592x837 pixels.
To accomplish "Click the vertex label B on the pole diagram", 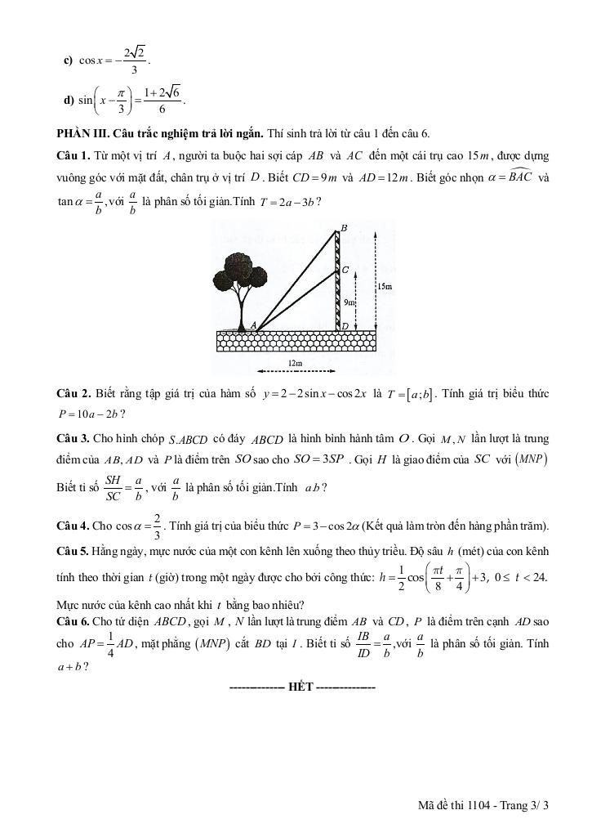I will click(x=344, y=228).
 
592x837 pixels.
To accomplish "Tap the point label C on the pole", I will click(x=345, y=269).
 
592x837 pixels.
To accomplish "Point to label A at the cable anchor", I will click(x=254, y=325).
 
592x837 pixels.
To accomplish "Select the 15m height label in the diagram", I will click(x=385, y=287).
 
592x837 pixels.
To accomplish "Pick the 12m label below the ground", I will click(x=295, y=362).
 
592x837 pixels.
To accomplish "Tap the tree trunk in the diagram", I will click(x=243, y=311).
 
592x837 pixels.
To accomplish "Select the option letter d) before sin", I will click(x=69, y=101).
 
